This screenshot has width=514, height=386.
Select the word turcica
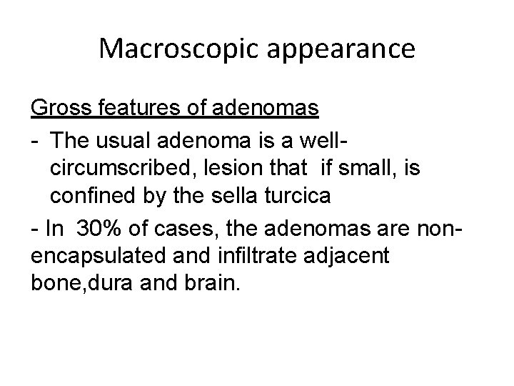coord(303,197)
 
